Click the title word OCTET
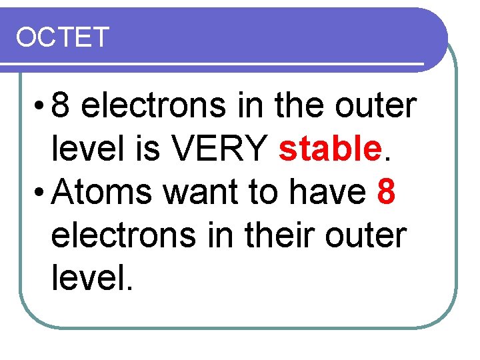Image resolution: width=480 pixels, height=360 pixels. click(x=62, y=38)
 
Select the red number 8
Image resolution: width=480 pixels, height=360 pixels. click(x=387, y=194)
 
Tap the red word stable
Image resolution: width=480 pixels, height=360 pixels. click(x=328, y=150)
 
